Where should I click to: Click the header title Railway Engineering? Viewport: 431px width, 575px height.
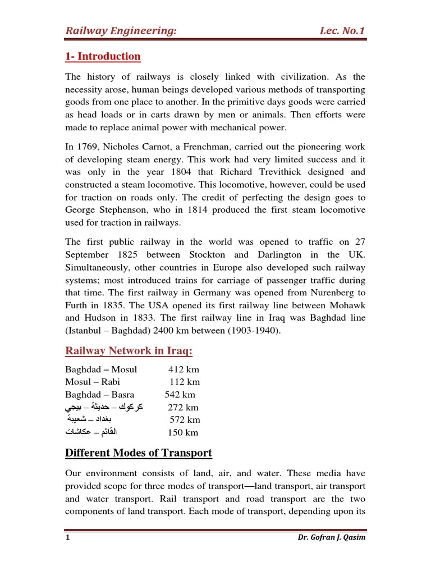121,30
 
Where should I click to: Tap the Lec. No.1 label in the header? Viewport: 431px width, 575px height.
340,30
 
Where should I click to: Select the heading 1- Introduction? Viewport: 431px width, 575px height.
103,56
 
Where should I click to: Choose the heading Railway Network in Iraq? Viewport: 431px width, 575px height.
129,351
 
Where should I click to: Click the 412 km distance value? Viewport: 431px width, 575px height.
184,370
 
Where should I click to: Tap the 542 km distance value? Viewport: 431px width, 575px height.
180,395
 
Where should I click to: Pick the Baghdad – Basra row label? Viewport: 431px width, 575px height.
99,395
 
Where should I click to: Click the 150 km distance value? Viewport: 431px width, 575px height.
183,432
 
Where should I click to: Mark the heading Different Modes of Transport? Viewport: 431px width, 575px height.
139,453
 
